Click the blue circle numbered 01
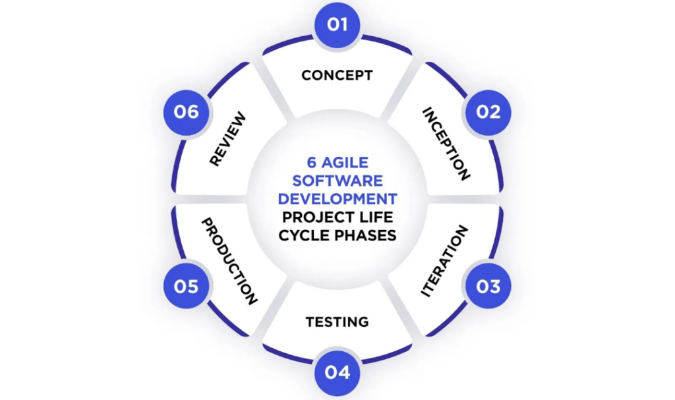coord(337,25)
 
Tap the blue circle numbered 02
coord(488,113)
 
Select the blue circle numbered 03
coord(488,286)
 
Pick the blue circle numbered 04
coord(337,373)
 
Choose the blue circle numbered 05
coord(187,286)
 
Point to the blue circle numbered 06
coord(187,113)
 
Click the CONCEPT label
coord(337,75)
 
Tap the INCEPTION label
coord(446,144)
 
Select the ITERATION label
coord(444,261)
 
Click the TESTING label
coord(337,322)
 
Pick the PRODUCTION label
coord(229,262)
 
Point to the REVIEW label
coord(227,139)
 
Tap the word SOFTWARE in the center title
coord(337,181)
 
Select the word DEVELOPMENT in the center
coord(337,199)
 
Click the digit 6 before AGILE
coord(312,162)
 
